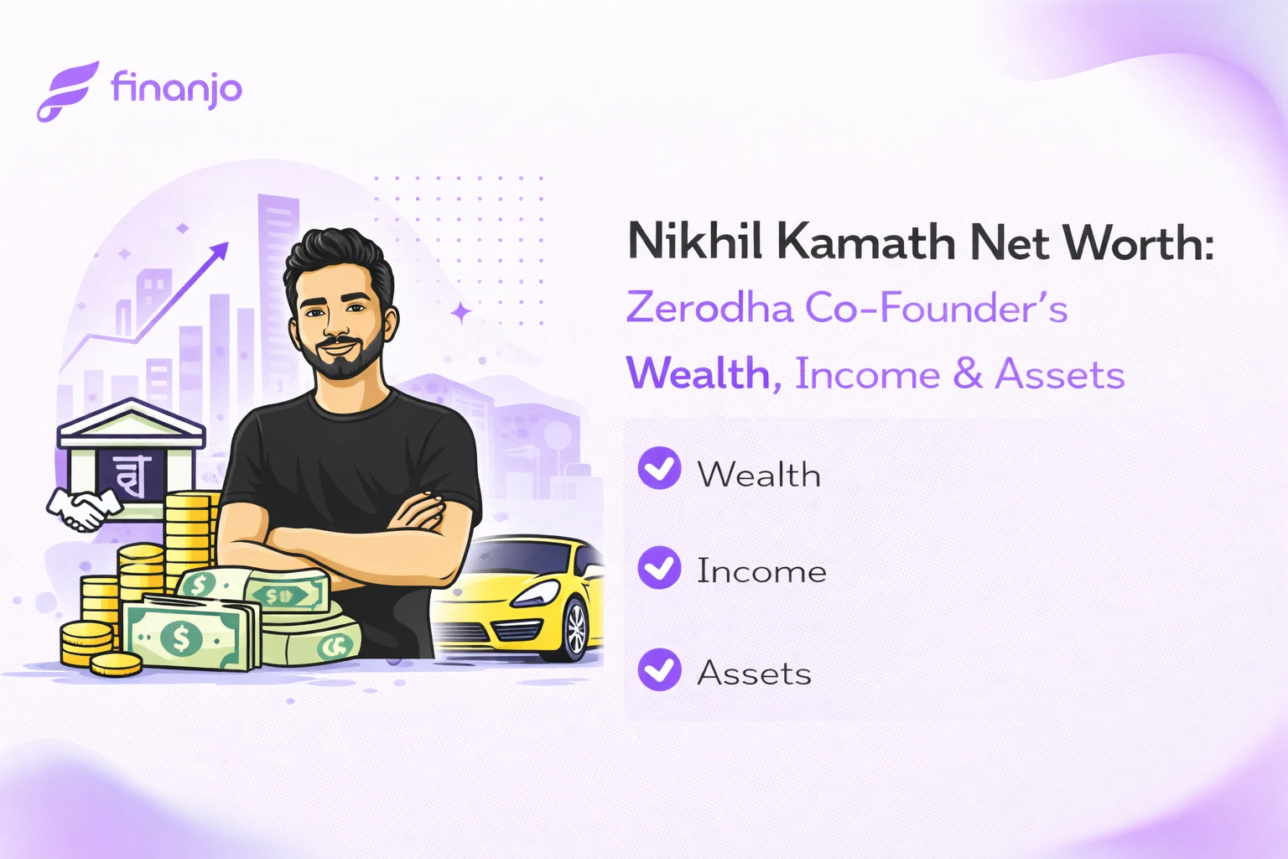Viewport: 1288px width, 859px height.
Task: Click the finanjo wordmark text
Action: point(176,88)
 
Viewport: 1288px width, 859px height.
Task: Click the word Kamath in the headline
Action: point(865,242)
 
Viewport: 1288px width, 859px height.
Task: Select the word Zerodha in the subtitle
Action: point(709,308)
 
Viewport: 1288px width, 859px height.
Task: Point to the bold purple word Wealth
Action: point(699,374)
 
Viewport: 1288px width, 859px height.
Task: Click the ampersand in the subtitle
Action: point(967,374)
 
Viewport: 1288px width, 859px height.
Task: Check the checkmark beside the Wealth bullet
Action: point(659,468)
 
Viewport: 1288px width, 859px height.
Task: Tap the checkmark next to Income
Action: point(659,568)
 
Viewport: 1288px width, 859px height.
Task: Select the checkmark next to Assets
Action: point(659,669)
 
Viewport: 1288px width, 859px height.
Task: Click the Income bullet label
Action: point(761,571)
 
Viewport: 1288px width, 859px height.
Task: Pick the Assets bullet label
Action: point(754,673)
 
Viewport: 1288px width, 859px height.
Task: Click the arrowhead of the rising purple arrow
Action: point(220,251)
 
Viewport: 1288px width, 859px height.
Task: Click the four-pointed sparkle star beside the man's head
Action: point(460,313)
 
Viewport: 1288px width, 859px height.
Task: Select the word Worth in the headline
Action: point(1138,242)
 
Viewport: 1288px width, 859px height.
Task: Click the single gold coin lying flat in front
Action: point(116,664)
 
